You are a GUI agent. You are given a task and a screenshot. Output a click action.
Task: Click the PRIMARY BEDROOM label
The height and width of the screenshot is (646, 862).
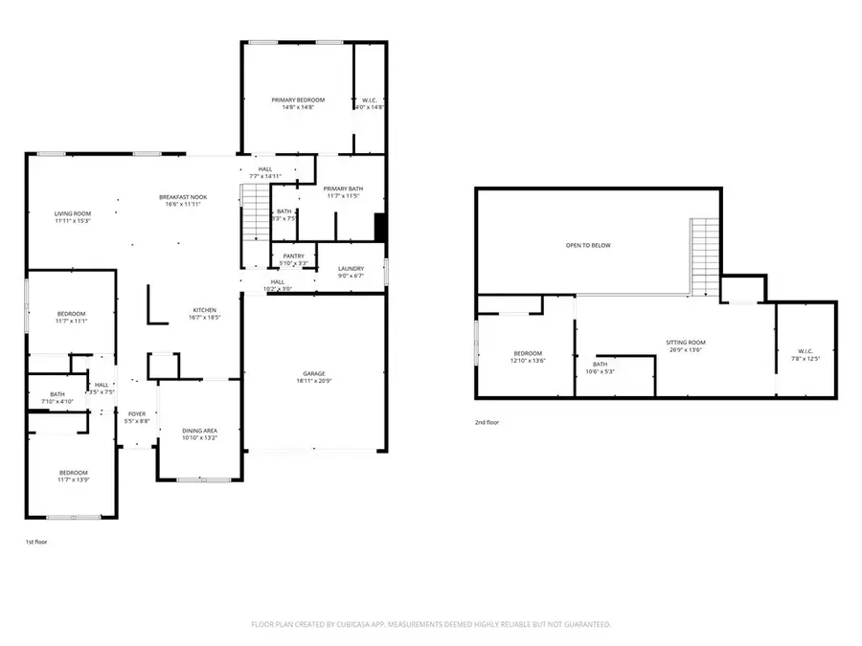298,100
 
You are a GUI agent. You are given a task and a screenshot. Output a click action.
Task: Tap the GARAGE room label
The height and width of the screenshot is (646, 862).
315,373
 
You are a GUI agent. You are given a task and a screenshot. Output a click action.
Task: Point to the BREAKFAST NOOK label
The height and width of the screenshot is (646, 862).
183,197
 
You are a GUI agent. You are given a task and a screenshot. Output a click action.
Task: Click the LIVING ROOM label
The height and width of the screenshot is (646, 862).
72,213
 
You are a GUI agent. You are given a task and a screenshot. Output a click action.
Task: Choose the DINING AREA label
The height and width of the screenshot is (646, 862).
200,432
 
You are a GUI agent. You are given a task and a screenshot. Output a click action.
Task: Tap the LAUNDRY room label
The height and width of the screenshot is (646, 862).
352,269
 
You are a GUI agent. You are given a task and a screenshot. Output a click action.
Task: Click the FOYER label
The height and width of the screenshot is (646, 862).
137,413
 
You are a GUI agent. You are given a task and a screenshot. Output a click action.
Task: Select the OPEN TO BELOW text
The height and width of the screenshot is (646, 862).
588,245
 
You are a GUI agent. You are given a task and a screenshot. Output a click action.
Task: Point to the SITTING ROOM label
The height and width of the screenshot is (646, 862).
686,342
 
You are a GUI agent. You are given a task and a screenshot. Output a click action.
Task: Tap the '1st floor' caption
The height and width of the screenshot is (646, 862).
36,542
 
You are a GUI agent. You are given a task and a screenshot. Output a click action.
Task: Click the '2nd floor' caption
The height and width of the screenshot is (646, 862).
488,422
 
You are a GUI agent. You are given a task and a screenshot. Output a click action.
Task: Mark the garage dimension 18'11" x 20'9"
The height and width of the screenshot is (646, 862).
315,382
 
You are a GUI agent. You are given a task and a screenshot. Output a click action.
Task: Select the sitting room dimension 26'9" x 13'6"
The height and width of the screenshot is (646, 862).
686,350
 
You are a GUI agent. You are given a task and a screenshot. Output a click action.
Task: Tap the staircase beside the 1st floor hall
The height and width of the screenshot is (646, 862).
255,212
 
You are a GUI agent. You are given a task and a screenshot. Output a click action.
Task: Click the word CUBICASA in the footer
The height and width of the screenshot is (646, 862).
346,624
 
